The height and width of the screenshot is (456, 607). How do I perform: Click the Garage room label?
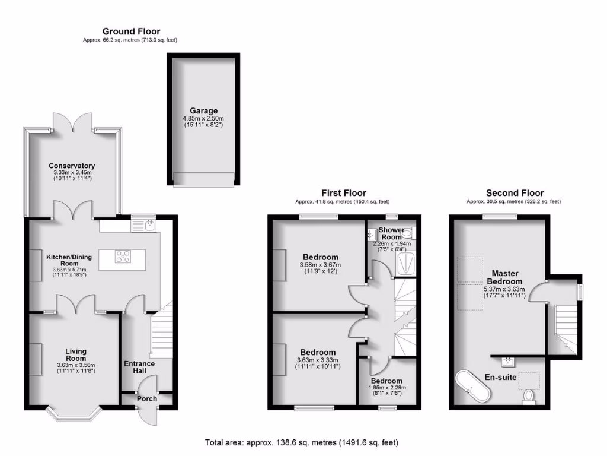click(x=203, y=110)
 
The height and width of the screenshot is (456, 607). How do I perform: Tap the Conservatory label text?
click(x=72, y=166)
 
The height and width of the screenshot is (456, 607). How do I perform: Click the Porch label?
click(x=147, y=398)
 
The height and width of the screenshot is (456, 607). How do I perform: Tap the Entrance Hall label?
click(x=139, y=368)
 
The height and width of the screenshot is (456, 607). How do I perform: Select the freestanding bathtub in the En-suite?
click(x=471, y=383)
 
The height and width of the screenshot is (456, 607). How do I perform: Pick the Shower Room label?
click(x=391, y=233)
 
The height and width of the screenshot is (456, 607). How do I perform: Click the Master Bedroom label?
click(x=504, y=277)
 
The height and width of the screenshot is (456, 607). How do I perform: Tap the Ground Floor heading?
click(x=131, y=31)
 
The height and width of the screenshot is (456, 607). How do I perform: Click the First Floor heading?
click(x=343, y=193)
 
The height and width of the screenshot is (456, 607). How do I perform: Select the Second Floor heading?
click(x=514, y=193)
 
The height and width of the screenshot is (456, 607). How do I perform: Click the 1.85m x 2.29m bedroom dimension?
click(x=386, y=388)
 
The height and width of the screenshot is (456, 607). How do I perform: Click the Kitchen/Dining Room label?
click(x=70, y=259)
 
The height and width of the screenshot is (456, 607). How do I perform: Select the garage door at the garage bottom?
click(x=203, y=178)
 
